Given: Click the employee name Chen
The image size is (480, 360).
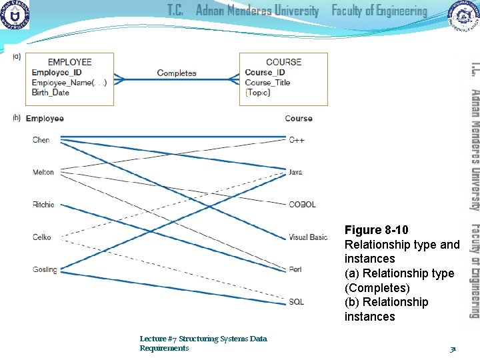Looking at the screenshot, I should [x=41, y=140].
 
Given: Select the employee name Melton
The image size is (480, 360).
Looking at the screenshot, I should [x=43, y=173].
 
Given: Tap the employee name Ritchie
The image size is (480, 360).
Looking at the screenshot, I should [x=43, y=205].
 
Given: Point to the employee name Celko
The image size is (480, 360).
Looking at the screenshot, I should [x=41, y=237].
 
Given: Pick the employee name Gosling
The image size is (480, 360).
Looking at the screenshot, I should [x=45, y=270].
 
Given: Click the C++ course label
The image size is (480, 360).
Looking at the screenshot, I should [x=297, y=140].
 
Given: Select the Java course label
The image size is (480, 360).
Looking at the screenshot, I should [x=295, y=172].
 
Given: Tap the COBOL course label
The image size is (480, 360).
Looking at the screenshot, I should [x=302, y=205].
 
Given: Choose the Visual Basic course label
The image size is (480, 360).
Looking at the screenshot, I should [x=308, y=237].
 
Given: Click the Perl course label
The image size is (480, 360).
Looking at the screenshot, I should [x=295, y=270].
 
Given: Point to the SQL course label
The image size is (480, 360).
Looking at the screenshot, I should [x=296, y=302].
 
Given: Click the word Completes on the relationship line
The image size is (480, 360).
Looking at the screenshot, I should [x=177, y=73].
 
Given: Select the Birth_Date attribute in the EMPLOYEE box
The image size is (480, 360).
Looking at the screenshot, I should [x=51, y=93].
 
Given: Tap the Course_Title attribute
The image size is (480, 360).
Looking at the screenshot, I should [x=267, y=83].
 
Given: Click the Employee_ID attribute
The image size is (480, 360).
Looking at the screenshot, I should [x=57, y=73].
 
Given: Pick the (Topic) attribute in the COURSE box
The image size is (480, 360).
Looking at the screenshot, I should [x=257, y=93].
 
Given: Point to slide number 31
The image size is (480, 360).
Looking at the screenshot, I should [x=453, y=348].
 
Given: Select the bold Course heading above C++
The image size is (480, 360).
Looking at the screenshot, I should [x=298, y=119].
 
